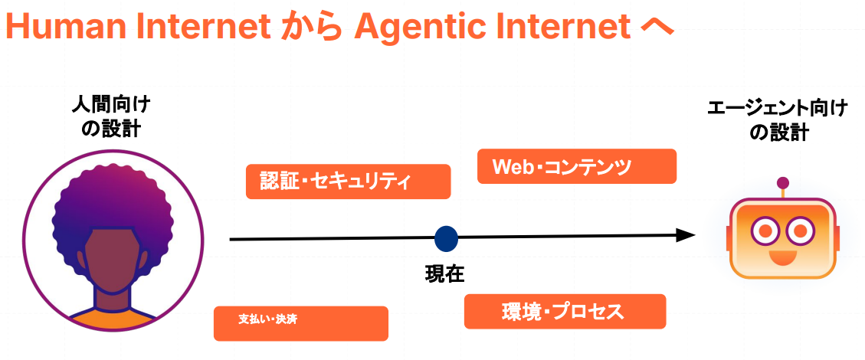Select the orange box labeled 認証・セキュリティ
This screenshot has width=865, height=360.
coord(348,182)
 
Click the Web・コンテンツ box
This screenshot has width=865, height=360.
coord(576,166)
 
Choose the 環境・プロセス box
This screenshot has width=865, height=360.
coord(565,312)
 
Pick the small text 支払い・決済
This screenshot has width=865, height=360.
coord(267,319)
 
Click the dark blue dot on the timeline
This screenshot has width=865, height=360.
coord(447,238)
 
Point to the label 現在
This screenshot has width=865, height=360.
coord(444,273)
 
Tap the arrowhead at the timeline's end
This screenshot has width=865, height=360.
coord(685,235)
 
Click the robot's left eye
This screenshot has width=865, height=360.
coord(764,231)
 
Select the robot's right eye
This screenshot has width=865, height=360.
coord(800,231)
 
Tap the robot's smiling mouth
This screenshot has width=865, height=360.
coord(782,257)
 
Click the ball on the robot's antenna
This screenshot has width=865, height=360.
coord(782,183)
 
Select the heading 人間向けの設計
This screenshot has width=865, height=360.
coord(111,116)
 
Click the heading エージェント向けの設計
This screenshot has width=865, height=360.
coord(778,121)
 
